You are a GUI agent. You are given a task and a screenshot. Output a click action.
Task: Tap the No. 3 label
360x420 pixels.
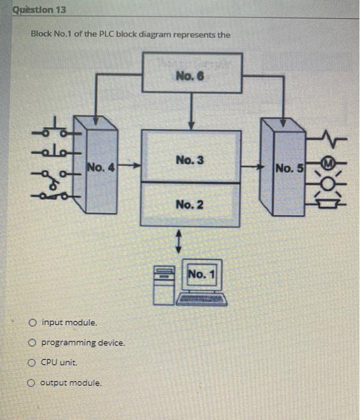[190, 160]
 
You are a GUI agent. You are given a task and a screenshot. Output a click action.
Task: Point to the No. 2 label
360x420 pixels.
[190, 205]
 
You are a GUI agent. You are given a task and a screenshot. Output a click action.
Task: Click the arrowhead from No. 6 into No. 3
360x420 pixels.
[190, 124]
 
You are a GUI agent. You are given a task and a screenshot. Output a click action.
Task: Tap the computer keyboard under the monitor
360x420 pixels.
[202, 298]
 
